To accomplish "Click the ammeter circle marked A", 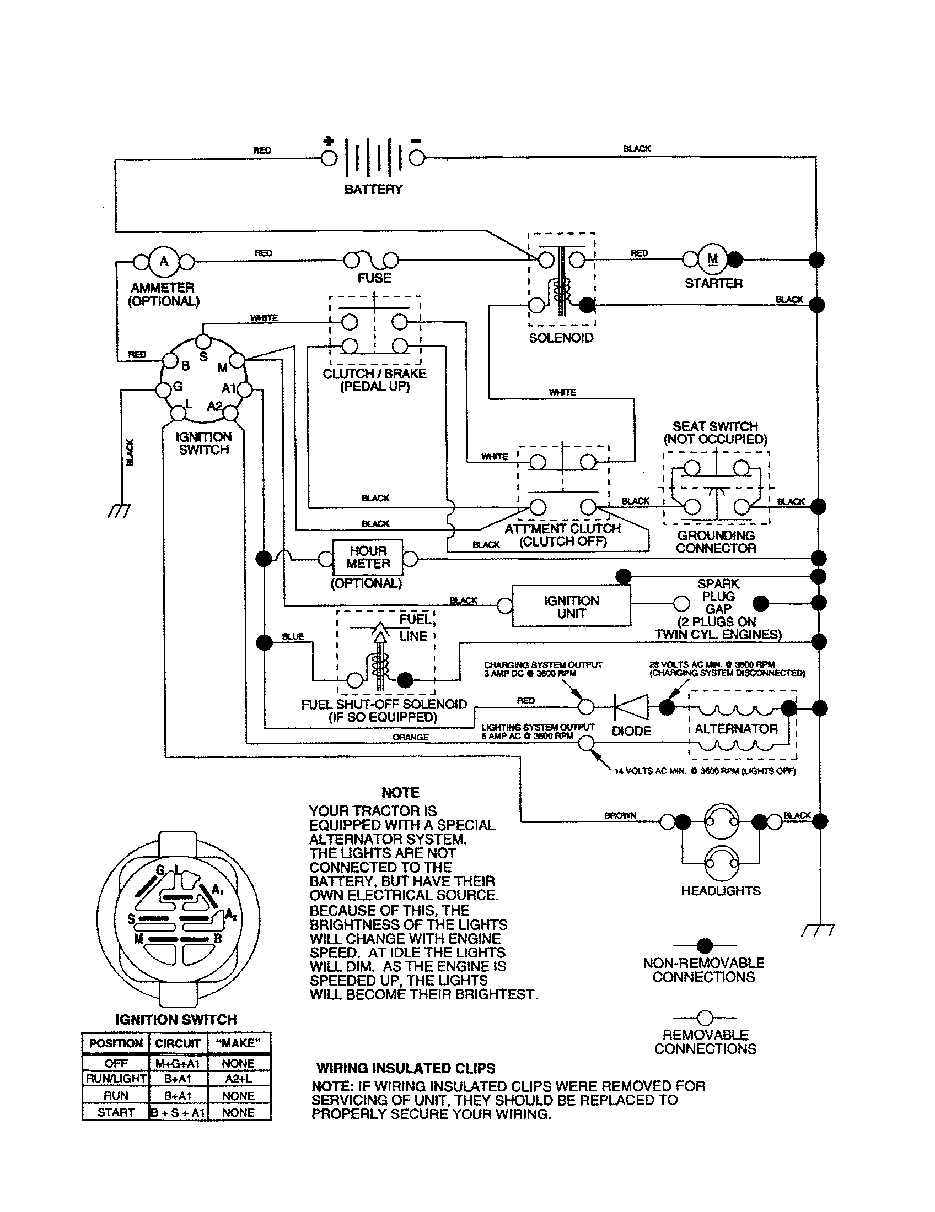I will (164, 260).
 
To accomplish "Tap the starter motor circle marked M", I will (713, 259).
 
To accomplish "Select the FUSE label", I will (374, 278).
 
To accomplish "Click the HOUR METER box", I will (368, 558).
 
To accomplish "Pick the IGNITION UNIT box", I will (571, 607).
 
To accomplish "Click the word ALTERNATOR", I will (735, 729).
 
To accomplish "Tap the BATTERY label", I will (373, 189).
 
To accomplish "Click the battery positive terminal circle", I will (329, 158).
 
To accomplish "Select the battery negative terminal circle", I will (417, 158).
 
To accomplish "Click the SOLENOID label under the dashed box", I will (561, 338).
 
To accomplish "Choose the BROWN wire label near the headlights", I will (620, 815).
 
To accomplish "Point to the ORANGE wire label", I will (410, 737).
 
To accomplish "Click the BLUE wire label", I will (293, 636).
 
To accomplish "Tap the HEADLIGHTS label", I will (721, 891).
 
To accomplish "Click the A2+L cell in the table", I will (238, 1078).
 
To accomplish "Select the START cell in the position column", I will (115, 1112).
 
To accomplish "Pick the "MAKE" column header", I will (238, 1043).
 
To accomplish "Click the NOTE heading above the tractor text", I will (400, 792).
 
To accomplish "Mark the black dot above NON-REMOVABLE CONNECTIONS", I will (704, 945).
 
